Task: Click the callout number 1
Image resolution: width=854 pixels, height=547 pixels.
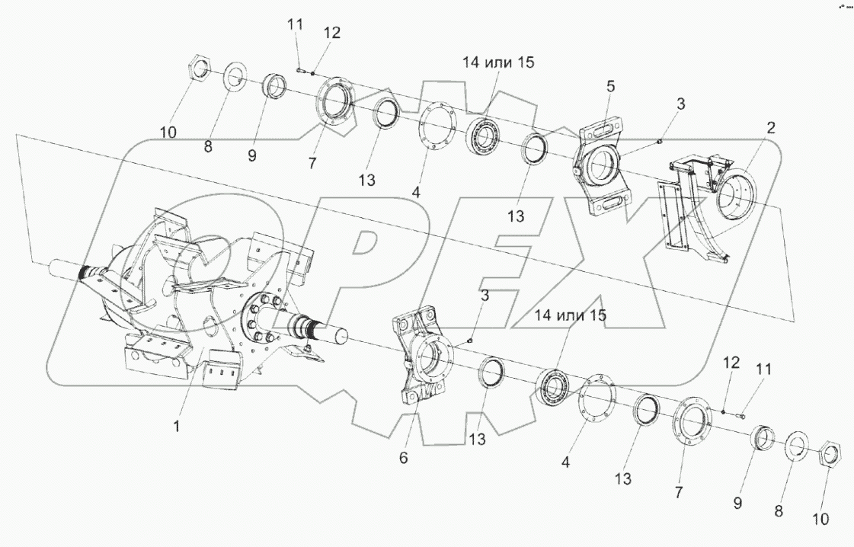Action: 176,427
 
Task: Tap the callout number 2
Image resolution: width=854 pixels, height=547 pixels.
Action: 771,128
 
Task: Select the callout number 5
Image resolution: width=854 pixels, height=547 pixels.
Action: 610,87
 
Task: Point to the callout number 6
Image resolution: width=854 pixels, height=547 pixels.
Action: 404,457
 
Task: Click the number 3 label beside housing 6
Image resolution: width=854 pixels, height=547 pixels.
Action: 485,295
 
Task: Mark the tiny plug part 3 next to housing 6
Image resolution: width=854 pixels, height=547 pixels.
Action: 472,340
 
